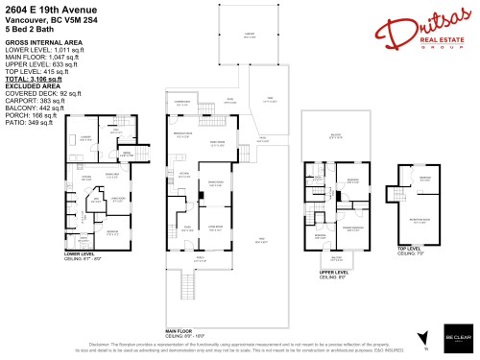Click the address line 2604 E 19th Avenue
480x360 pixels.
44,10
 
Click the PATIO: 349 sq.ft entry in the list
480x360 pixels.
32,123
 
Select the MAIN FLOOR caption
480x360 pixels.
182,328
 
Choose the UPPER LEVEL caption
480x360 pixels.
333,272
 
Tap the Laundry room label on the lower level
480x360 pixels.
84,137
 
